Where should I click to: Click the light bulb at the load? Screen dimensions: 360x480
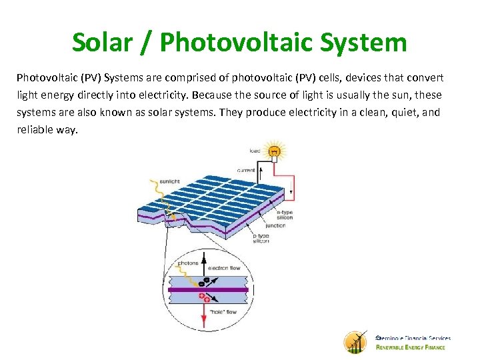click(273, 151)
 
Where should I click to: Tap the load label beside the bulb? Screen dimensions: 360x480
click(255, 151)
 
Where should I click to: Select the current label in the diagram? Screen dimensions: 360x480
click(245, 170)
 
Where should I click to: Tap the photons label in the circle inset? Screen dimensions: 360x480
click(188, 263)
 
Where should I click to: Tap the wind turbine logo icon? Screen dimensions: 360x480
click(355, 342)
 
